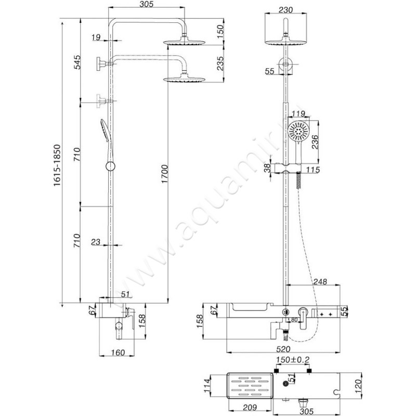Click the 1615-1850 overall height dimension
[57, 165]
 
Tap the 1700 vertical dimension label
[165, 174]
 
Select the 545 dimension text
[77, 62]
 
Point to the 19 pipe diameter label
[96, 37]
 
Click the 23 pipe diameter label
[96, 242]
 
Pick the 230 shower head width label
[285, 10]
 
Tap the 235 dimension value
[220, 63]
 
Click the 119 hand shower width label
[298, 114]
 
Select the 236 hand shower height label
[315, 142]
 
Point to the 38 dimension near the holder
[267, 167]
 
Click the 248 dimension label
[320, 281]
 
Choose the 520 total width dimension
[283, 348]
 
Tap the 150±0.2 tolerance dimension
[293, 360]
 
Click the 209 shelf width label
[250, 407]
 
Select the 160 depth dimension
[118, 353]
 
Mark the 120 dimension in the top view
[358, 386]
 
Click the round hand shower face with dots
[298, 132]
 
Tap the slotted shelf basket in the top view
[250, 386]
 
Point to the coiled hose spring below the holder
[298, 180]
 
